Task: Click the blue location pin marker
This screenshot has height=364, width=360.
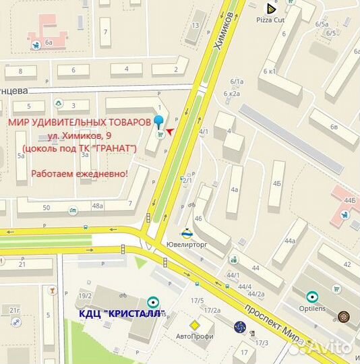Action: pyautogui.click(x=159, y=122)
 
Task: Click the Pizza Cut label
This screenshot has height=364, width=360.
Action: pyautogui.click(x=271, y=20)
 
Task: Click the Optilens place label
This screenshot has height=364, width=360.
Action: pyautogui.click(x=312, y=307)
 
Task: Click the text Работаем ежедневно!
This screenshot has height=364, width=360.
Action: pyautogui.click(x=80, y=173)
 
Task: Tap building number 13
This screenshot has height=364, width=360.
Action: pyautogui.click(x=196, y=25)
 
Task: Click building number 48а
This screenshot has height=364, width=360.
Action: pyautogui.click(x=98, y=206)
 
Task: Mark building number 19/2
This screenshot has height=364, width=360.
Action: pyautogui.click(x=86, y=296)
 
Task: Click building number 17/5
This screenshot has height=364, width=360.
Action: pyautogui.click(x=198, y=301)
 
